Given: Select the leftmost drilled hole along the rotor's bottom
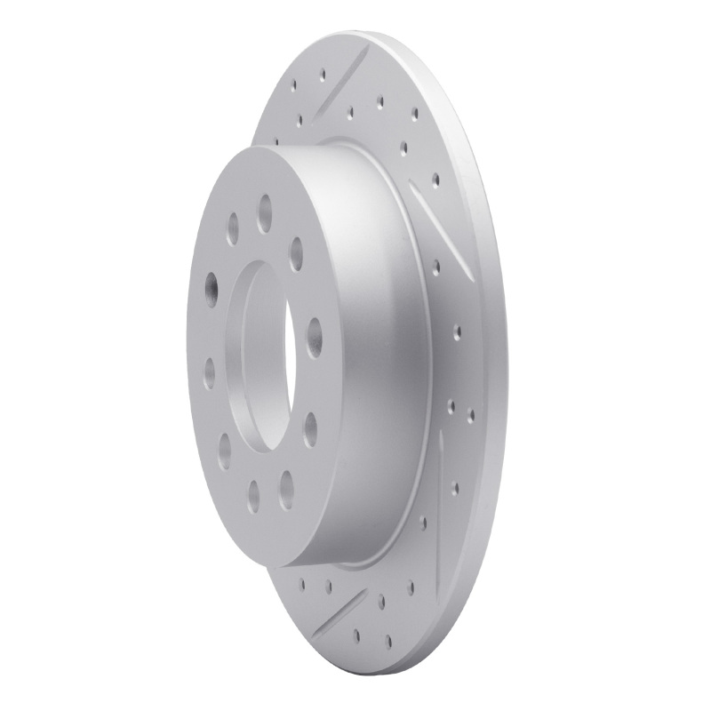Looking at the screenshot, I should pos(305,583).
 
